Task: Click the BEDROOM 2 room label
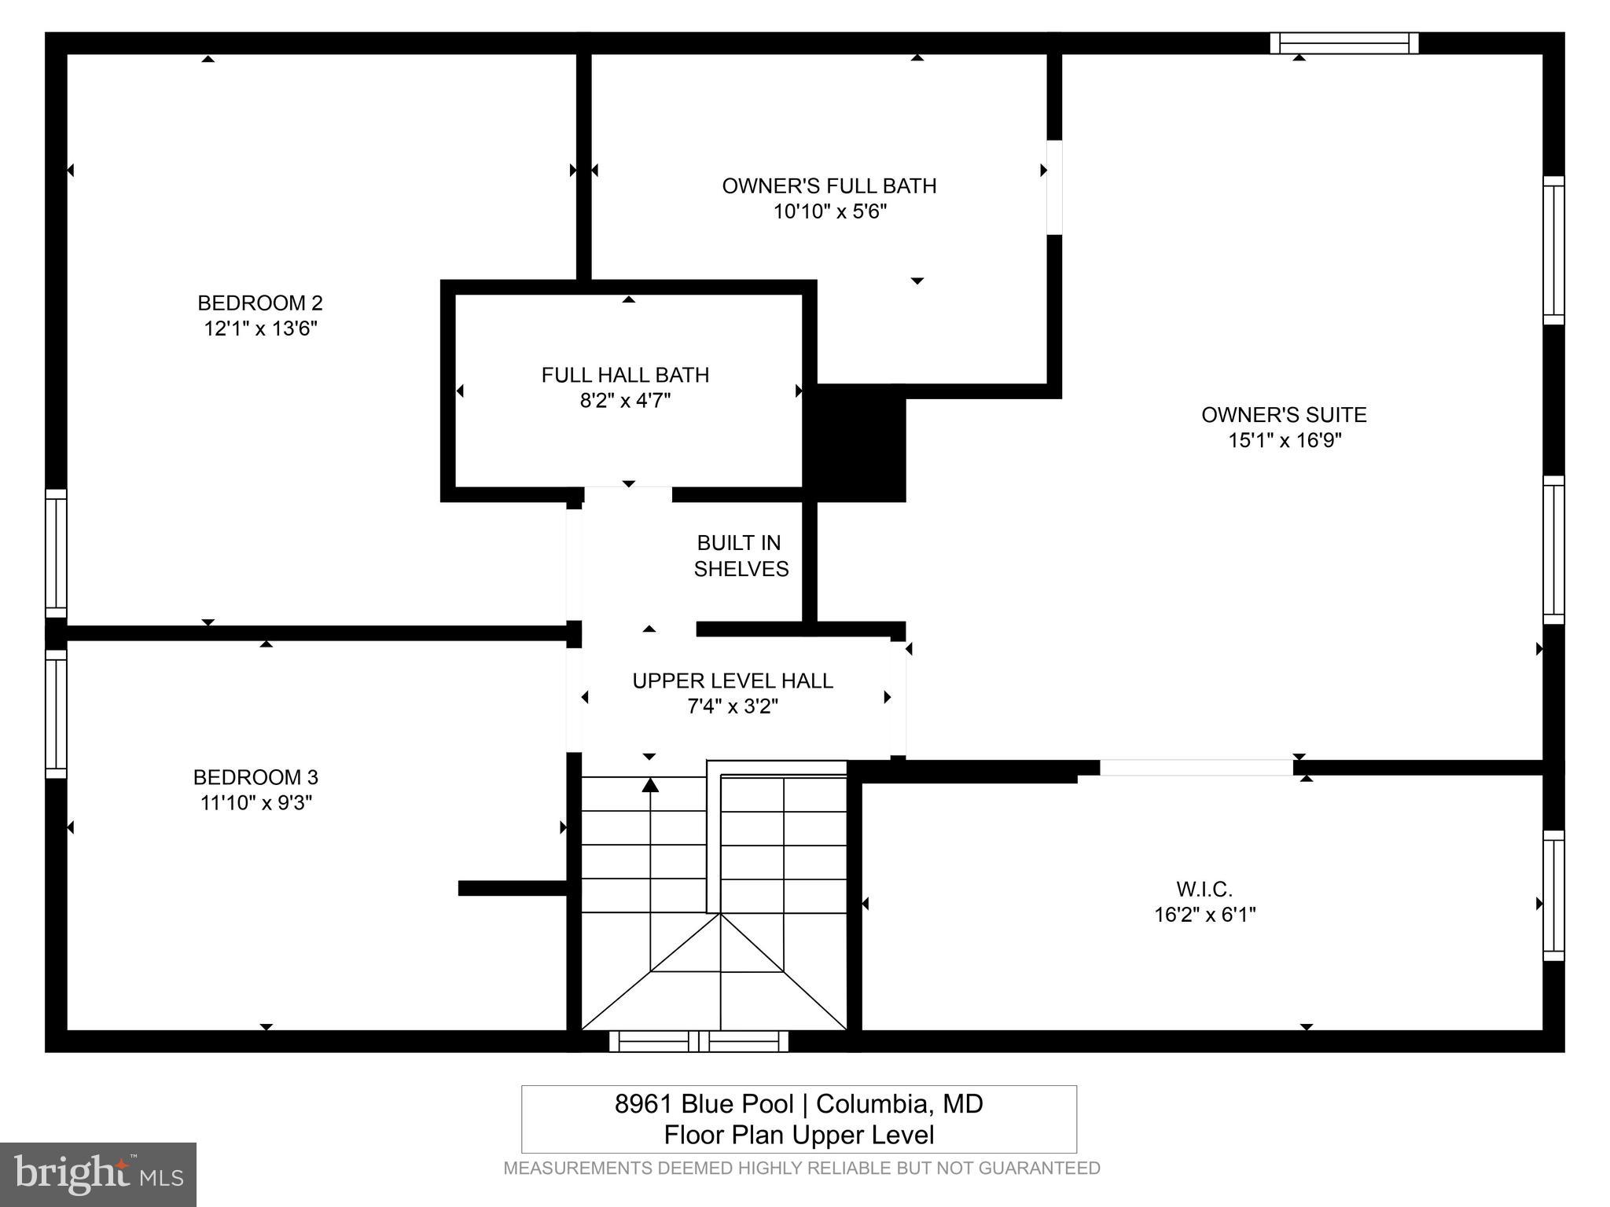(259, 303)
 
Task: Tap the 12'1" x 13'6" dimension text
(260, 328)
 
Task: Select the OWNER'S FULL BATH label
(829, 186)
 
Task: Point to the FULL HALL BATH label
(625, 375)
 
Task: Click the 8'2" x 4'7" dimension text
(625, 401)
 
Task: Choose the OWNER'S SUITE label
(1284, 415)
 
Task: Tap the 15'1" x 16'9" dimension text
(1285, 440)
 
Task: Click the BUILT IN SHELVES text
(740, 556)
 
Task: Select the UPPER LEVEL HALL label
(733, 681)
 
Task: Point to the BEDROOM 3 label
(255, 777)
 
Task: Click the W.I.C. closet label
(1204, 889)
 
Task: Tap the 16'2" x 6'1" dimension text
(1204, 915)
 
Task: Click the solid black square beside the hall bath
(860, 443)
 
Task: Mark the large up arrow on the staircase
(650, 784)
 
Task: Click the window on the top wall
(1344, 43)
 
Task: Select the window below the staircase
(699, 1041)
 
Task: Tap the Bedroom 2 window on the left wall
(56, 553)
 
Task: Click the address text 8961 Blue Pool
(704, 1104)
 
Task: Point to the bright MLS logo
(97, 1174)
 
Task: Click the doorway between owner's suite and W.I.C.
(1196, 767)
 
